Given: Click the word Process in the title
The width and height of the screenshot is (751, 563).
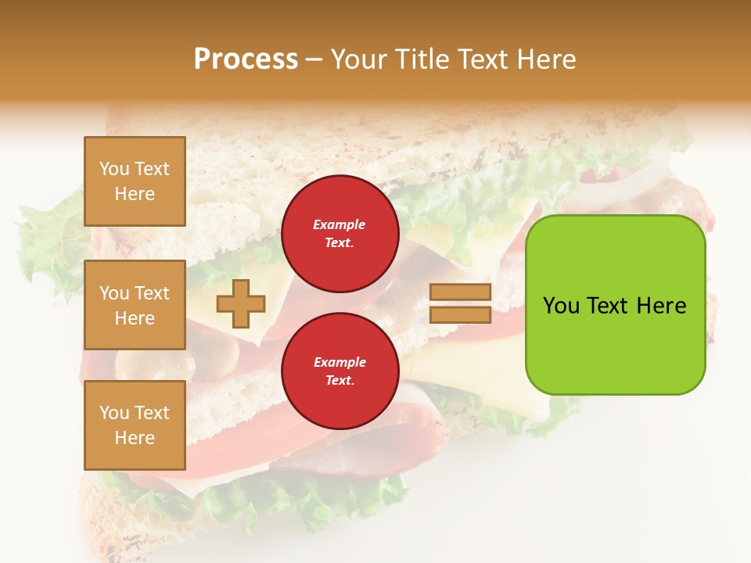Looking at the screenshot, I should click(x=246, y=59).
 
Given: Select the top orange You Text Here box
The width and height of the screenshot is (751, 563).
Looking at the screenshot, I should click(x=135, y=181).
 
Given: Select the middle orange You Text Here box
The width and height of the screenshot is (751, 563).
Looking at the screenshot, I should click(x=135, y=305).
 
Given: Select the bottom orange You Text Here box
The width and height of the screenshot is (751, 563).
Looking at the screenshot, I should click(x=135, y=425).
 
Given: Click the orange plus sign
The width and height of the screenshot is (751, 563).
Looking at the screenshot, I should click(x=240, y=304).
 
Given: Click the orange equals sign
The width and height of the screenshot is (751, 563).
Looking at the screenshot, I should click(x=461, y=303).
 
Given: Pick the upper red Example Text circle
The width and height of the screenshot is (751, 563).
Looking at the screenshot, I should click(x=340, y=233).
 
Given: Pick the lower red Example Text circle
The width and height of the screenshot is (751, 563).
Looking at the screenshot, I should click(x=340, y=371).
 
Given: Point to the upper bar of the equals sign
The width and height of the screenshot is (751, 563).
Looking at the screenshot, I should click(x=461, y=292).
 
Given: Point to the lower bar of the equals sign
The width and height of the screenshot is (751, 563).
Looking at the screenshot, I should click(x=461, y=314).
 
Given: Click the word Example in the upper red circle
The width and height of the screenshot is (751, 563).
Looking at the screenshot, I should click(x=340, y=224).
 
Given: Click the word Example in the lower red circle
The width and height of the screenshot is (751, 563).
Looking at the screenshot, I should click(x=340, y=362).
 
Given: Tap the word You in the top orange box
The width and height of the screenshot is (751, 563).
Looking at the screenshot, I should click(x=114, y=169).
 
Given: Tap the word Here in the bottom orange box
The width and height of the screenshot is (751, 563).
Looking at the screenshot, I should click(x=135, y=438).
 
